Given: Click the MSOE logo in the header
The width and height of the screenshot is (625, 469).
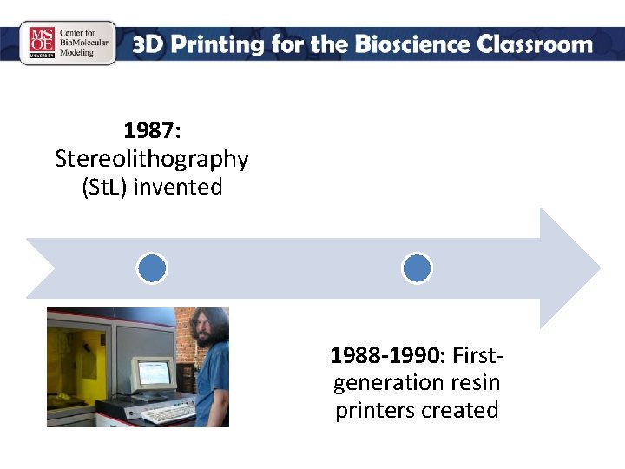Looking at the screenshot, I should point(42,43).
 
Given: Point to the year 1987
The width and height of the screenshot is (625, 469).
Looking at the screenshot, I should point(148,131).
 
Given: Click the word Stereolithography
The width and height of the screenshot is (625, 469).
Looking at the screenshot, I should point(152,159).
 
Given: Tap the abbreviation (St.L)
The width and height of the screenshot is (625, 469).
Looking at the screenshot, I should point(104,187).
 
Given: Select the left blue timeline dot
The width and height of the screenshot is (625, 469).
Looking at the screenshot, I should point(152,268).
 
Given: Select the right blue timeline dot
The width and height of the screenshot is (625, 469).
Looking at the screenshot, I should point(417,268).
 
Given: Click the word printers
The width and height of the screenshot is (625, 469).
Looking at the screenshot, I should point(372,410).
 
